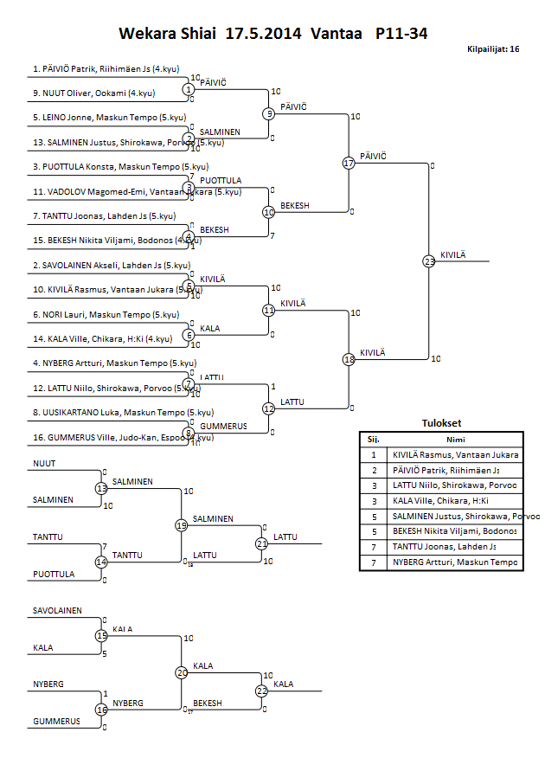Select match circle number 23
(x=429, y=260)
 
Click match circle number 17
(x=349, y=163)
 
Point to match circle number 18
(x=349, y=359)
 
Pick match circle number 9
(x=269, y=113)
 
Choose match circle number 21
(x=261, y=543)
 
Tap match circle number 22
(x=261, y=691)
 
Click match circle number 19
(x=182, y=524)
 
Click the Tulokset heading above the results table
(x=440, y=423)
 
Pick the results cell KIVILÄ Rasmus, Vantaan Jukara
(x=455, y=454)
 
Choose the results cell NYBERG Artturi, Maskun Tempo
(x=455, y=562)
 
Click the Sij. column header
(x=373, y=439)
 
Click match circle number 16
(x=101, y=710)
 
